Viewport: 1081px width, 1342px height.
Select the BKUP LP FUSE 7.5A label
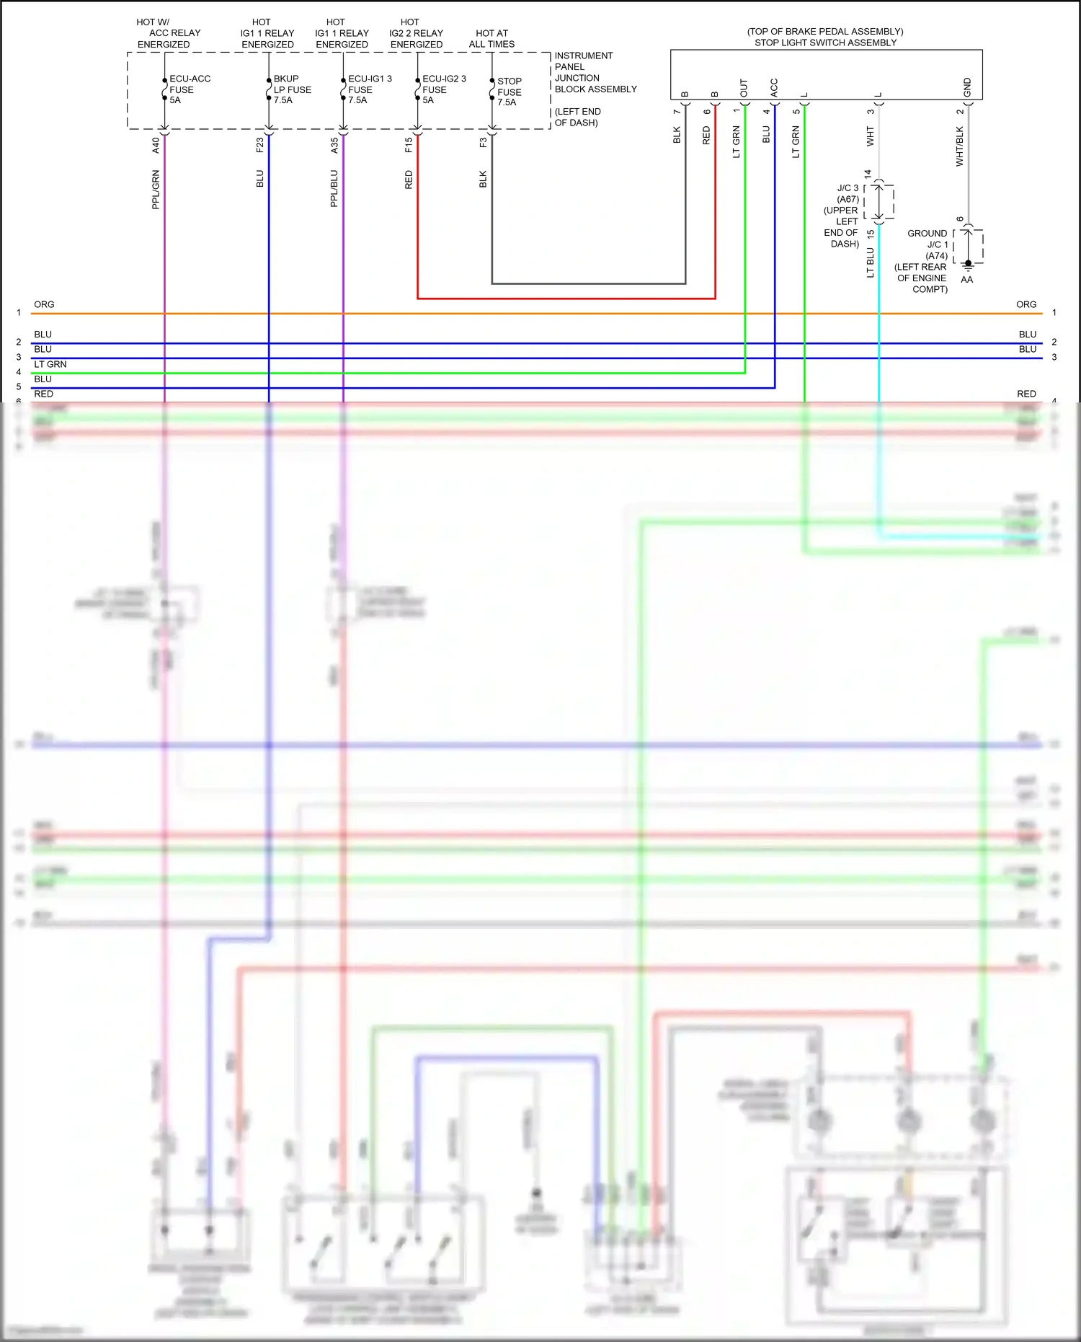pos(292,89)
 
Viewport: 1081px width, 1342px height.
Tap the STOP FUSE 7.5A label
pos(509,92)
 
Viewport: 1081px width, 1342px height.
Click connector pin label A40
pos(156,145)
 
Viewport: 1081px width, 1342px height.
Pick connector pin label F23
pos(259,145)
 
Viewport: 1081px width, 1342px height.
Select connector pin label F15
pos(409,145)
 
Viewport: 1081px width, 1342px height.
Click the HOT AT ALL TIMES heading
pos(491,38)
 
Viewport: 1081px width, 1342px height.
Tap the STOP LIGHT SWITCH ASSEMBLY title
pos(825,43)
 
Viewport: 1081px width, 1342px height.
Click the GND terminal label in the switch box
pos(967,87)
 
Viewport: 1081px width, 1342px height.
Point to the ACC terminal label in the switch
pos(774,88)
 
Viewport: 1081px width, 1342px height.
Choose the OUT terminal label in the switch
pos(744,88)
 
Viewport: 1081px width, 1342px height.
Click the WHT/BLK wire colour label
pos(959,146)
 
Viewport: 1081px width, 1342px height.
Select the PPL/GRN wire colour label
pos(156,190)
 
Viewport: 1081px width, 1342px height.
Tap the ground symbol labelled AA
pos(968,267)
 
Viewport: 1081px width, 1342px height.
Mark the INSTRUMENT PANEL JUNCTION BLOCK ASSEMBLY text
pos(595,72)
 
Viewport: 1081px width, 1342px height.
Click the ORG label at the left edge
pos(44,304)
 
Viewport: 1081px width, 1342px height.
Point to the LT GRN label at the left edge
pos(50,364)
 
